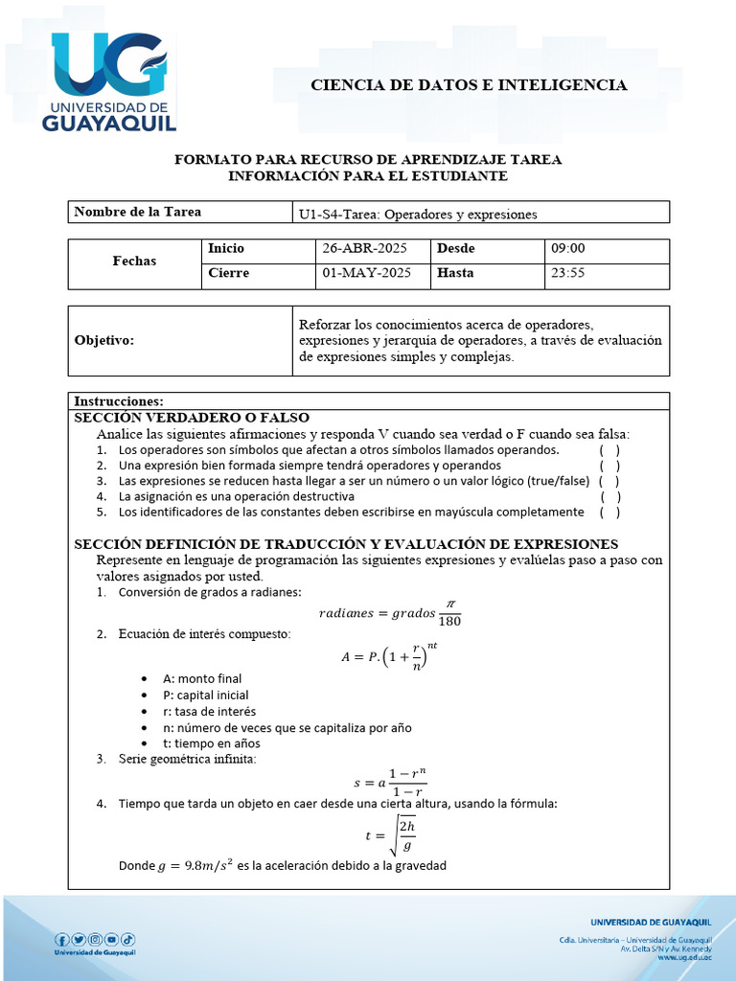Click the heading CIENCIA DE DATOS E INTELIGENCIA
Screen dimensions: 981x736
(x=469, y=85)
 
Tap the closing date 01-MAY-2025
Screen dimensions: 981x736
(x=366, y=273)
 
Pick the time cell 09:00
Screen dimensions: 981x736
(x=567, y=248)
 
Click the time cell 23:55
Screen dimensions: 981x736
(x=567, y=273)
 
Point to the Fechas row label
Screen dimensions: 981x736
(x=134, y=261)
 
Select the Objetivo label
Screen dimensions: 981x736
(x=104, y=340)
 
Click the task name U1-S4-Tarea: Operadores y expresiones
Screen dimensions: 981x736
(x=418, y=214)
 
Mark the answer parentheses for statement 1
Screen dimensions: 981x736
(x=609, y=449)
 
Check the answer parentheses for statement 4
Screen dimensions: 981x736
(x=609, y=496)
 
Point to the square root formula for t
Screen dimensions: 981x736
(x=392, y=833)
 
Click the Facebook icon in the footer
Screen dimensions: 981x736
(x=62, y=939)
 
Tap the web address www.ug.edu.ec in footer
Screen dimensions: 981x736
(x=684, y=956)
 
